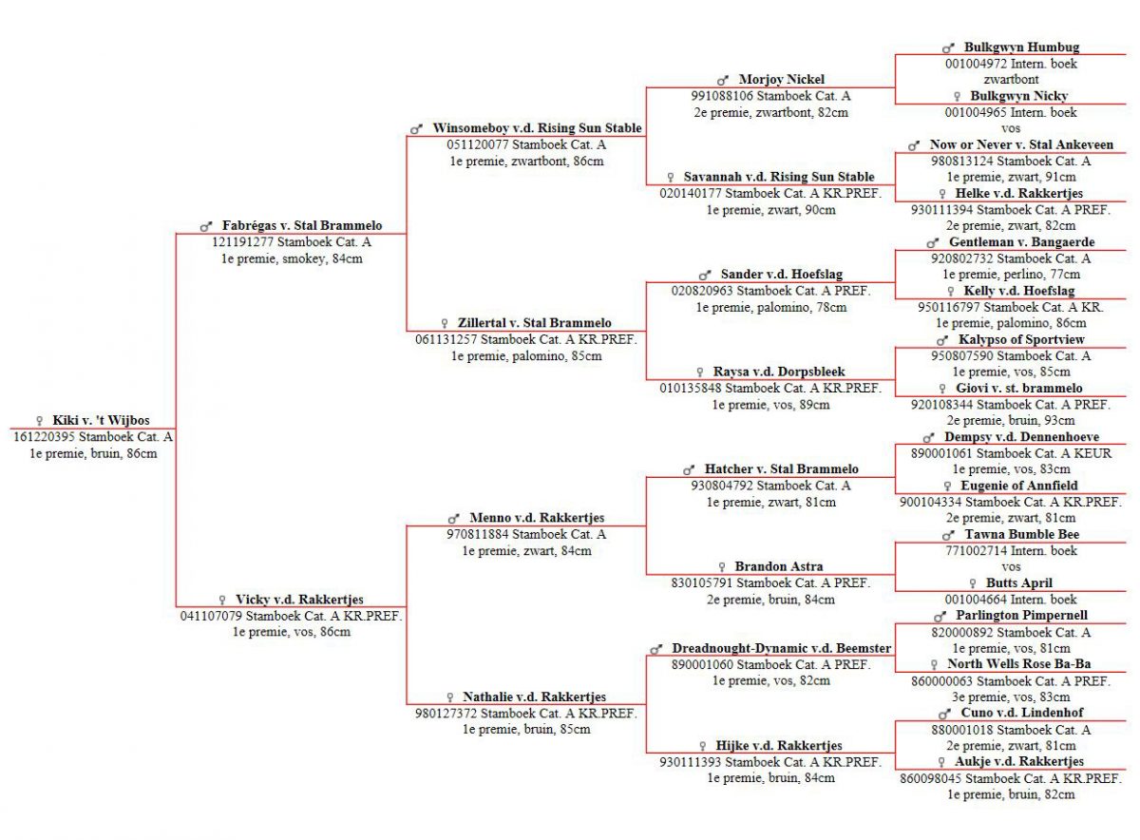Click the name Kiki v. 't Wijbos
[101, 420]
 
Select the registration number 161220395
[45, 437]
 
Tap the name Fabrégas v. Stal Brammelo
[302, 225]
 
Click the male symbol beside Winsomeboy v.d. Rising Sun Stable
[416, 129]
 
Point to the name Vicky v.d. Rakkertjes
[299, 600]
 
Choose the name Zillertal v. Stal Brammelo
[534, 323]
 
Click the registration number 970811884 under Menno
[477, 534]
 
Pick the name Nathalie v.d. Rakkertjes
[534, 697]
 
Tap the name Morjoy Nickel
[781, 80]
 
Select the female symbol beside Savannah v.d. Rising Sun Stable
[671, 177]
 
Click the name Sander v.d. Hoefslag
[781, 274]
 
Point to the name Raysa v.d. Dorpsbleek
[779, 372]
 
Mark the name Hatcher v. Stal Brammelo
[781, 468]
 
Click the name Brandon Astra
[779, 566]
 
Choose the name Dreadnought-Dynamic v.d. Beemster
[781, 648]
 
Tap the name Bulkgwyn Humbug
[1021, 47]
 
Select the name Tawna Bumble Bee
[1022, 534]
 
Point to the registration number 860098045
[930, 778]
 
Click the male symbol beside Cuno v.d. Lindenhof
[944, 714]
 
